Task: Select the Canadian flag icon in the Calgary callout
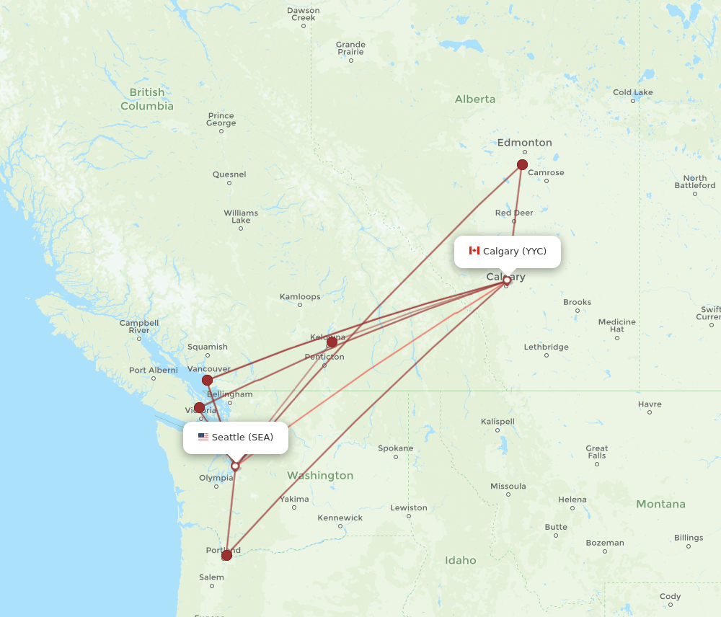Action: coord(474,251)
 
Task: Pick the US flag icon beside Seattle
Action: coord(203,437)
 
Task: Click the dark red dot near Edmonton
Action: coord(522,165)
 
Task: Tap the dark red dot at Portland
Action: coord(227,554)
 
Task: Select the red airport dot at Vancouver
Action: coord(207,380)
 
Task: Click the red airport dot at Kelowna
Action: coord(332,342)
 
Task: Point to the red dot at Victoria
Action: coord(199,407)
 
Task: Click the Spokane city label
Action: coord(396,448)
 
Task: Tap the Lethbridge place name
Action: coord(546,347)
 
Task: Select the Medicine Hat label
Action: coord(617,325)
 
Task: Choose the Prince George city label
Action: coord(221,119)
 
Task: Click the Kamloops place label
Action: coord(300,296)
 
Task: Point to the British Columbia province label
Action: coord(147,99)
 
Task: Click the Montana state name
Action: coord(661,505)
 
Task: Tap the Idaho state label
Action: coord(461,560)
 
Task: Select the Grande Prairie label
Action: coord(350,48)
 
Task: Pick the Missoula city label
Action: coord(508,487)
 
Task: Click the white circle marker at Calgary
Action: coord(507,280)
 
